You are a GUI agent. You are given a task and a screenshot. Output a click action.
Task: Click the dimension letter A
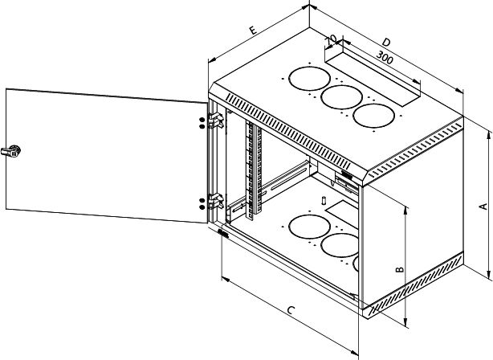pos(483,206)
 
